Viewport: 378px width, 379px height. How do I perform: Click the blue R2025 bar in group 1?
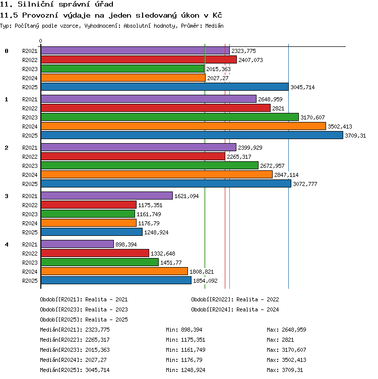[192, 135]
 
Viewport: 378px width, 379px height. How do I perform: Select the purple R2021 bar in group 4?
[77, 244]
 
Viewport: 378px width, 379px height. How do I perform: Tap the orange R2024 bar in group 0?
[123, 78]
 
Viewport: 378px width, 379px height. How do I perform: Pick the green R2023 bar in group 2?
[150, 165]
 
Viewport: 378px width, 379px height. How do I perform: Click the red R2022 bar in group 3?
[89, 205]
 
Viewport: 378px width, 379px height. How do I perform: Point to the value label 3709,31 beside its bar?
[355, 136]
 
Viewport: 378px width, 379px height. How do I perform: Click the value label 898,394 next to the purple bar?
[126, 244]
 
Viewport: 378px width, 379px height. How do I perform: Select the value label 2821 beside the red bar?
[278, 108]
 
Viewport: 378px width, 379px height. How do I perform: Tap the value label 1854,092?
[205, 281]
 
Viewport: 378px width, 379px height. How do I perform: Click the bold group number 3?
[7, 196]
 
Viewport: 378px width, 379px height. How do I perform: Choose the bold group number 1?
[7, 99]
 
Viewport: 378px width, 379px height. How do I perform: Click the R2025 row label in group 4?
[30, 281]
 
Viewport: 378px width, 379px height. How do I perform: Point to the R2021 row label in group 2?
[30, 148]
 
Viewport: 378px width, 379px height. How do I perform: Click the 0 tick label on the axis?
[41, 41]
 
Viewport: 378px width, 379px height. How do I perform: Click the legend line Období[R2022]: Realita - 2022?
[235, 299]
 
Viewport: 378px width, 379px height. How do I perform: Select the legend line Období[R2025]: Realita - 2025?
[84, 320]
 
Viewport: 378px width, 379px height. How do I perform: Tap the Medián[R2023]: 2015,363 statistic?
[75, 350]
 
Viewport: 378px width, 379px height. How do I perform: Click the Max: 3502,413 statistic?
[286, 360]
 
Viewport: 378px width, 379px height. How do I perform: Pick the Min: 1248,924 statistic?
[185, 370]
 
